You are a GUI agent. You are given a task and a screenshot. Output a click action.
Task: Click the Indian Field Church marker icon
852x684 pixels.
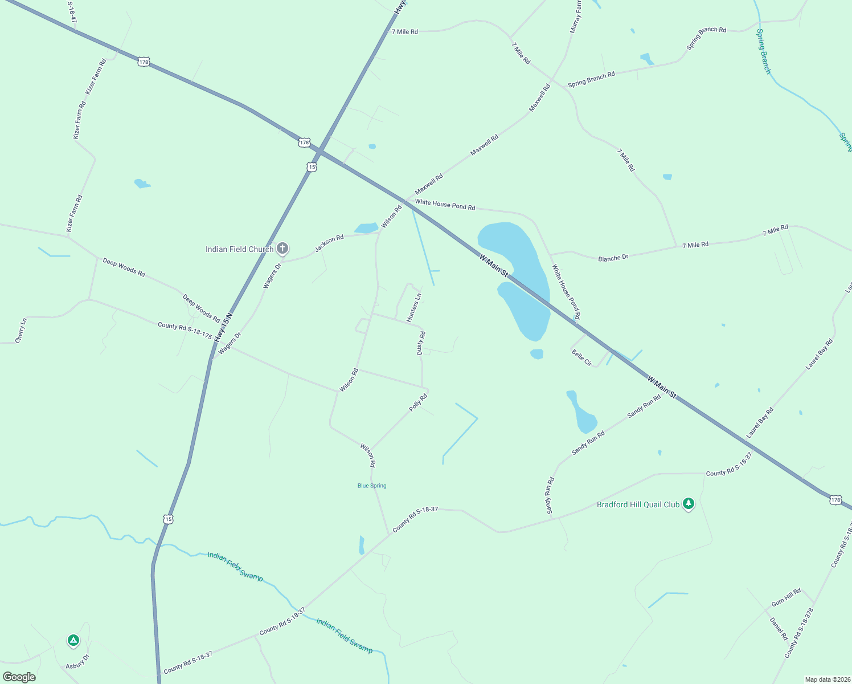[282, 249]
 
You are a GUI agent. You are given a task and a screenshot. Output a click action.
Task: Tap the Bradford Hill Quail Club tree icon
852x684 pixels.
[689, 504]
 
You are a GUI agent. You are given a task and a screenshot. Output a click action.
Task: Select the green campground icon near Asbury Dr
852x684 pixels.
[73, 641]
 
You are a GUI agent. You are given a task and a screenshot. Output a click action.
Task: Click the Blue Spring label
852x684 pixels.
[372, 486]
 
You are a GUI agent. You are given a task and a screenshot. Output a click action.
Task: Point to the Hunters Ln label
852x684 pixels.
[414, 308]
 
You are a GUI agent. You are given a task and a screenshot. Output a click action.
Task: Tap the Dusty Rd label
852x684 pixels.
[421, 343]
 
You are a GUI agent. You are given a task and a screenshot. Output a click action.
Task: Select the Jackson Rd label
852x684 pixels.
[329, 243]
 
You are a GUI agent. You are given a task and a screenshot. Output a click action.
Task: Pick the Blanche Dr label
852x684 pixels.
[613, 258]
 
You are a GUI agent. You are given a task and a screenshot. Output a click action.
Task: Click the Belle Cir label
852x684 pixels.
[581, 358]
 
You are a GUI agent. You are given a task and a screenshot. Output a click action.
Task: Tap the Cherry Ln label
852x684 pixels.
[21, 331]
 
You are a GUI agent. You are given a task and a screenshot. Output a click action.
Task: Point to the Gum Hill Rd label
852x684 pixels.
[786, 598]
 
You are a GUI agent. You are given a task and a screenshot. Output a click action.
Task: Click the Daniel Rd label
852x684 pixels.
[779, 629]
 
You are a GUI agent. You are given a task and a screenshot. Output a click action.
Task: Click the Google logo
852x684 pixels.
[19, 677]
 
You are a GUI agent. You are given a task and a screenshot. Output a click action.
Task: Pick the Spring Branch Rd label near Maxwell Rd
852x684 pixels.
[591, 79]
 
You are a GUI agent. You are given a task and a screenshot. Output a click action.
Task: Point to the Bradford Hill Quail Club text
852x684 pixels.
[638, 504]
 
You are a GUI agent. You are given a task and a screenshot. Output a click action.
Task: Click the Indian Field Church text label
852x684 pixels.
[239, 249]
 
